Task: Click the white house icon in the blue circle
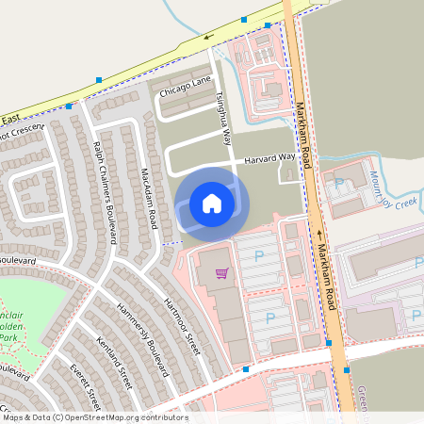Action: click(212, 204)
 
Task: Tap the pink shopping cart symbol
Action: click(222, 273)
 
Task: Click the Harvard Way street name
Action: click(269, 160)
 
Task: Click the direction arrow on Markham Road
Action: click(319, 235)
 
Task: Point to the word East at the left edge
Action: click(9, 119)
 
